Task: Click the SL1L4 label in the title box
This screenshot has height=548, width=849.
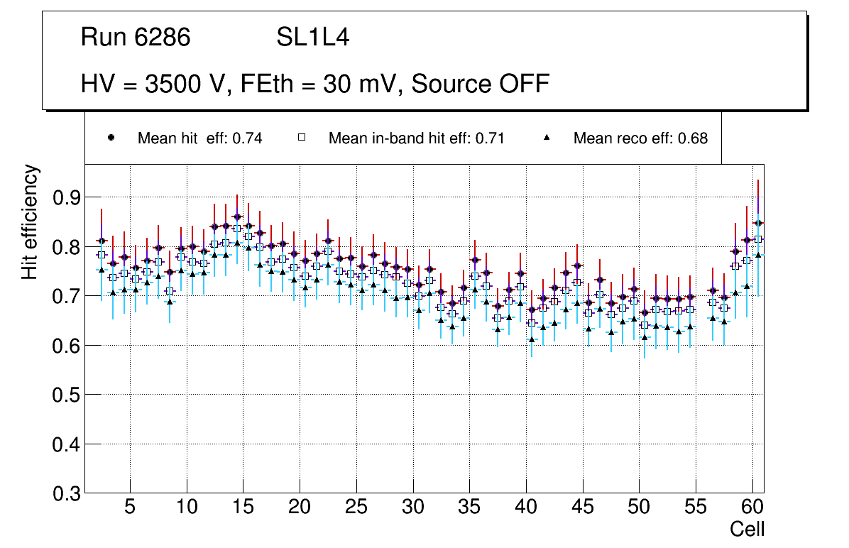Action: tap(312, 38)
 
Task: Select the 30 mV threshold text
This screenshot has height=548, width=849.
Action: tap(362, 84)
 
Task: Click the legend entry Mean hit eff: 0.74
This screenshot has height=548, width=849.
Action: tap(199, 138)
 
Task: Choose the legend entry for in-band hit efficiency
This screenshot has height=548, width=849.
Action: tap(416, 138)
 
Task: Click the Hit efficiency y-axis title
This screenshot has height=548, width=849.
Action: tap(30, 221)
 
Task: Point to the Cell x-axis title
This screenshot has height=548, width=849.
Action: tap(747, 529)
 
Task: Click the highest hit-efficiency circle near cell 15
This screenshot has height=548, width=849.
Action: tap(237, 217)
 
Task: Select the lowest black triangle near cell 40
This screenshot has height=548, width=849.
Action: tap(532, 339)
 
